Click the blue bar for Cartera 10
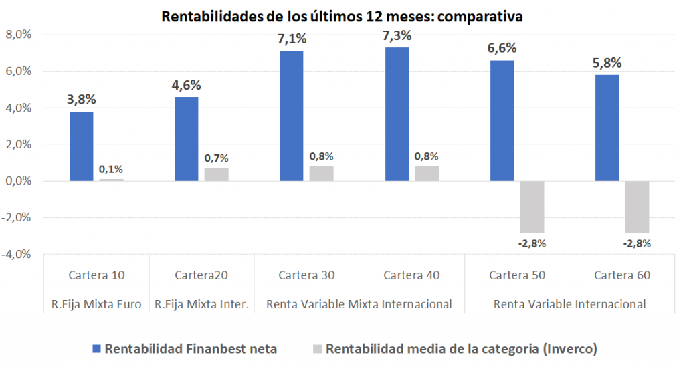[x=81, y=146]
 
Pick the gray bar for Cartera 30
[x=321, y=174]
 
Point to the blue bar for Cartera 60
[x=606, y=128]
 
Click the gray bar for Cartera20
[x=216, y=174]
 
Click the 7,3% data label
[x=397, y=36]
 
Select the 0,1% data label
[x=111, y=169]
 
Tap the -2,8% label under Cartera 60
[x=636, y=243]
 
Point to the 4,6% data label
[x=186, y=86]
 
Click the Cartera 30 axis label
[x=306, y=275]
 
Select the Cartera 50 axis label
[x=516, y=275]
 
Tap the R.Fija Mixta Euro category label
[x=96, y=304]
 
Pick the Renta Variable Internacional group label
[x=569, y=304]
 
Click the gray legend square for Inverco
[x=317, y=348]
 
